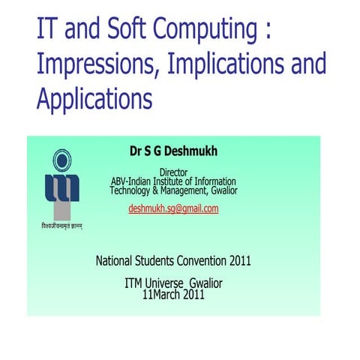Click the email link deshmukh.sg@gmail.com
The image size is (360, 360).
(x=173, y=208)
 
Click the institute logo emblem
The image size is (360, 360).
(x=61, y=184)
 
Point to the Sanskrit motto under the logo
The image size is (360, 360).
(x=61, y=226)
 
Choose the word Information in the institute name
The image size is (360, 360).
(x=211, y=181)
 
